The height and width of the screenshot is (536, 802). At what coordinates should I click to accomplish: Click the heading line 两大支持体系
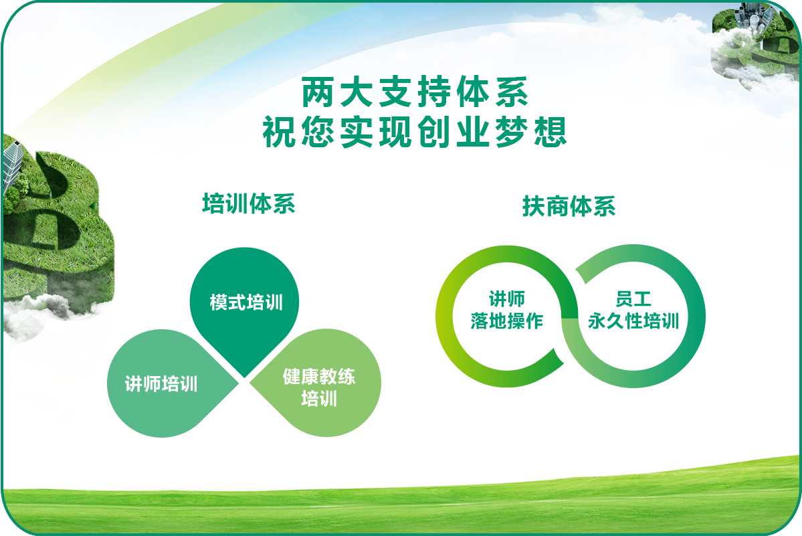point(415,92)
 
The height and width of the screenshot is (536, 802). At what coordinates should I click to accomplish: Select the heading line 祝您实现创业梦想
point(415,132)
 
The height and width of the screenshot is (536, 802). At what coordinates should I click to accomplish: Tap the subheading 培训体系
point(249,203)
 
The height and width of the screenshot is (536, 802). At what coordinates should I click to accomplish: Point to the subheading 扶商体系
point(569,206)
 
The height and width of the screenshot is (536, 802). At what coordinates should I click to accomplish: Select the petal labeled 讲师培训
point(169,383)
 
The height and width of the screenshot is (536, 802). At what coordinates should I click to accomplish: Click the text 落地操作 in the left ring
point(507,321)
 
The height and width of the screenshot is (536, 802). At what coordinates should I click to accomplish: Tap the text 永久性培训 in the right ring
point(633,321)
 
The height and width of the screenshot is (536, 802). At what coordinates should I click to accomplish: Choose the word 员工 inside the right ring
point(633,298)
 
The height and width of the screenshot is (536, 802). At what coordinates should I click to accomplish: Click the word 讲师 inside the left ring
point(507,298)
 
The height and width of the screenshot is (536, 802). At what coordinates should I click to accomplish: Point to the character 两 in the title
point(318,92)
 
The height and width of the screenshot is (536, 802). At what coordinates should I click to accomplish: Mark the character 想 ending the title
point(551,132)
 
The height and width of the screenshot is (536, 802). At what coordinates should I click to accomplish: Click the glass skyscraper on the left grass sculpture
point(11,165)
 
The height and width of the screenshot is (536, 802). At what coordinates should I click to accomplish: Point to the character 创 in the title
point(434,132)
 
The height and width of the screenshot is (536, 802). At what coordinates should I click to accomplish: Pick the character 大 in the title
point(357,92)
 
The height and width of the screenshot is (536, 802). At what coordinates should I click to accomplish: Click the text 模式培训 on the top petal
point(246,302)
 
